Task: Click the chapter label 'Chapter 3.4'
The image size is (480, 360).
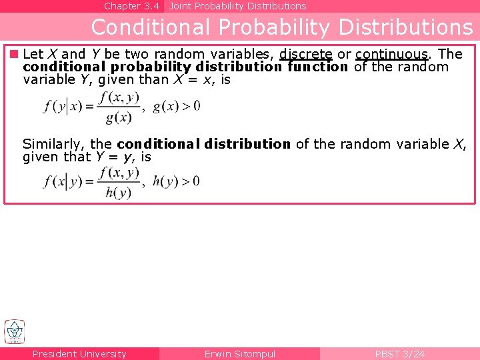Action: [132, 6]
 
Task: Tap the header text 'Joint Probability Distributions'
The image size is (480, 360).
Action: [237, 6]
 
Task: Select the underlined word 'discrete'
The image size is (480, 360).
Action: [306, 54]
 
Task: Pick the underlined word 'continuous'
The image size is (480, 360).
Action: [391, 54]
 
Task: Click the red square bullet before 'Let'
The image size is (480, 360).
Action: [13, 54]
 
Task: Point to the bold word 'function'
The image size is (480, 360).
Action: [318, 67]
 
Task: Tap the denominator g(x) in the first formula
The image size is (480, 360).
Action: [119, 118]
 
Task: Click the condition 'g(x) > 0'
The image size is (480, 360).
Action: [177, 106]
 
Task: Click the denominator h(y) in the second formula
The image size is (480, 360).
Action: [119, 193]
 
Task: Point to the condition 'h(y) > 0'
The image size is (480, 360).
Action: [176, 181]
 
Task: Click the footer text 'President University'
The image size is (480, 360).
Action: [79, 354]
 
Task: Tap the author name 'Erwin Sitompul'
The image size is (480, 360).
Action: [240, 354]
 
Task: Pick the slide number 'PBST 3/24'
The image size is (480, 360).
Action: [399, 354]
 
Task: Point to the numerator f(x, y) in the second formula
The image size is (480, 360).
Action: [119, 172]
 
